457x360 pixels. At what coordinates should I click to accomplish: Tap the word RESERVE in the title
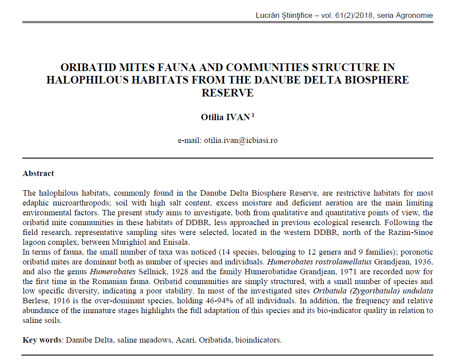(x=228, y=93)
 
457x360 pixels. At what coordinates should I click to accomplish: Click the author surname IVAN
(x=239, y=117)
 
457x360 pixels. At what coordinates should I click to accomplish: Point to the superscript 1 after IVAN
(x=253, y=115)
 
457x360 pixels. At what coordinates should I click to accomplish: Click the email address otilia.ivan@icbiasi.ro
(x=241, y=140)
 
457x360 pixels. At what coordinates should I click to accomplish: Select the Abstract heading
(x=38, y=174)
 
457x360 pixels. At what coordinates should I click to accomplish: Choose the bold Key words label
(x=42, y=340)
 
